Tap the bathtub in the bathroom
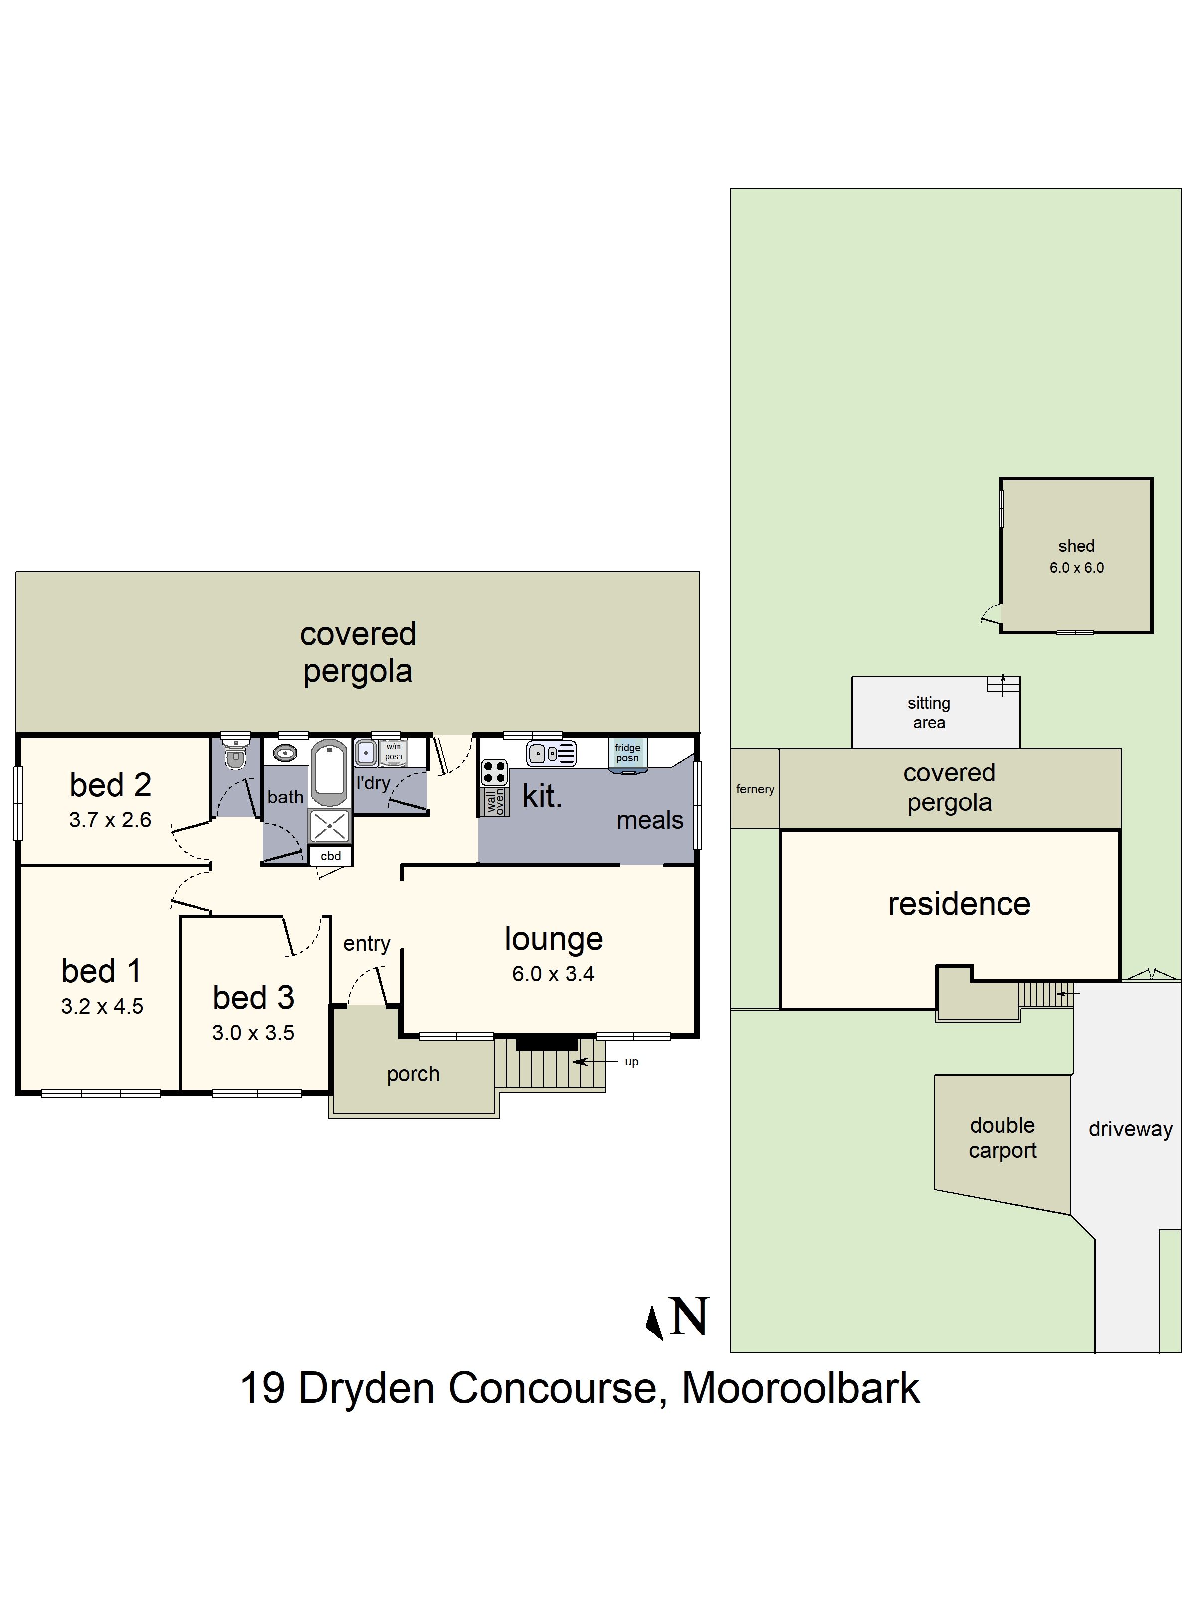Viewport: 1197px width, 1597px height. pos(330,771)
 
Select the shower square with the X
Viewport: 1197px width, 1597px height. pos(330,826)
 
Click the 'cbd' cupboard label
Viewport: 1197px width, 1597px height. pos(331,856)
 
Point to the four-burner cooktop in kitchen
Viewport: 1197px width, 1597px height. pos(494,772)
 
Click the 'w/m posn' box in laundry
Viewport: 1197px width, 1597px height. pos(393,752)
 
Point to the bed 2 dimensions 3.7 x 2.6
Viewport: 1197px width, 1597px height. pos(110,820)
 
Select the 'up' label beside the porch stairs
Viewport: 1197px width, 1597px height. pos(631,1062)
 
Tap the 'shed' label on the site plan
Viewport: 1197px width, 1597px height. pos(1076,546)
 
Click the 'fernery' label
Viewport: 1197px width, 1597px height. pos(755,789)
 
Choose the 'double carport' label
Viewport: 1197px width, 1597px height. pos(1002,1138)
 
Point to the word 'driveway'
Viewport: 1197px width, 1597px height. pos(1130,1129)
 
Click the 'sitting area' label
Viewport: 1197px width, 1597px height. pos(929,713)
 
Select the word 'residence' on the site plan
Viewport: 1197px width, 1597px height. pos(959,904)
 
